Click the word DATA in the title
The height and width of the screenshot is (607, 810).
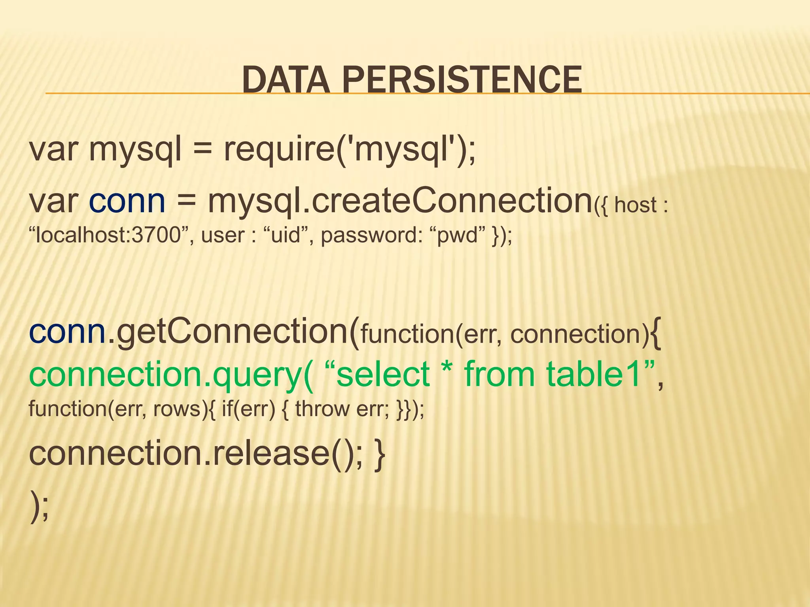(x=285, y=80)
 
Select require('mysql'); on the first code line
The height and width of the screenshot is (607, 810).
(x=350, y=151)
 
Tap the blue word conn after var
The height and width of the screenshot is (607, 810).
(x=127, y=202)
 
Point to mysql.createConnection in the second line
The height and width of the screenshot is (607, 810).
(x=399, y=202)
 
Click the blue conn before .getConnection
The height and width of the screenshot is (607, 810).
(x=67, y=332)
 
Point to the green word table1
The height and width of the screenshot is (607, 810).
(x=593, y=374)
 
